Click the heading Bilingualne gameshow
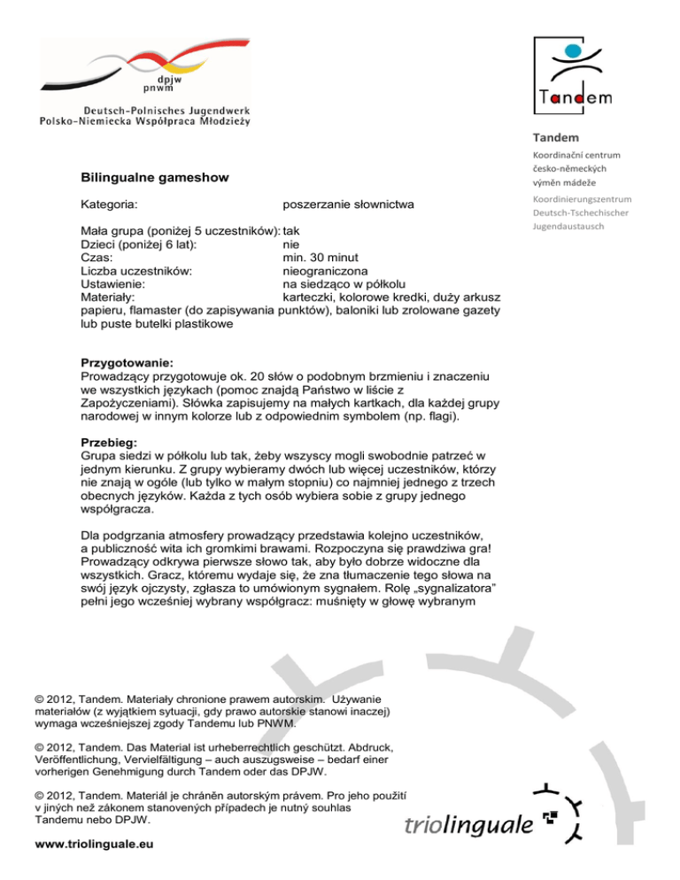(x=154, y=178)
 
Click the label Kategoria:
(x=108, y=205)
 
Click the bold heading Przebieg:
(x=109, y=447)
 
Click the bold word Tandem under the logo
(x=556, y=137)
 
